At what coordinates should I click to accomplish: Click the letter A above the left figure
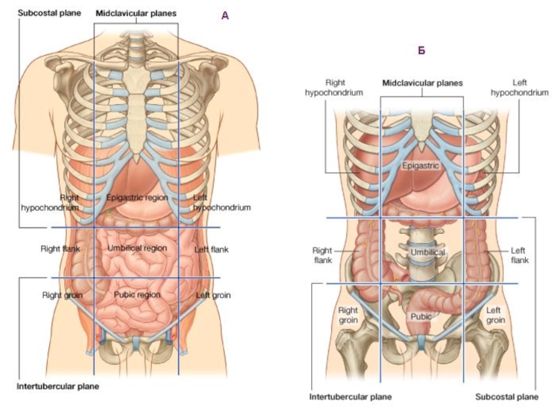click(x=225, y=14)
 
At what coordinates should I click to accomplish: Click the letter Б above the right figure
click(x=422, y=50)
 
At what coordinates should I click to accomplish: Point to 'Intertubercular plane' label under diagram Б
click(x=351, y=397)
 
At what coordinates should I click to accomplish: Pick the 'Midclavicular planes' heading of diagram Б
click(x=422, y=82)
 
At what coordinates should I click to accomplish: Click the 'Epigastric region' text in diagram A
click(x=137, y=197)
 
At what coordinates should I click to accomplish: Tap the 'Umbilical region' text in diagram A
click(x=137, y=248)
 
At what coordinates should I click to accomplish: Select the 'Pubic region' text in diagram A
click(x=137, y=295)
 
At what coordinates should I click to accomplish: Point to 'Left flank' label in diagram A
click(x=211, y=249)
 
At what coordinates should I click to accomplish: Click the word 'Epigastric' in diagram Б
click(x=421, y=166)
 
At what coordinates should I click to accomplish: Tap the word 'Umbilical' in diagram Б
click(x=428, y=253)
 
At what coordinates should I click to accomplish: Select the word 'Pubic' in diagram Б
click(x=421, y=317)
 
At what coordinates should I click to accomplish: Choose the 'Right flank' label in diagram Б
click(x=322, y=255)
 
